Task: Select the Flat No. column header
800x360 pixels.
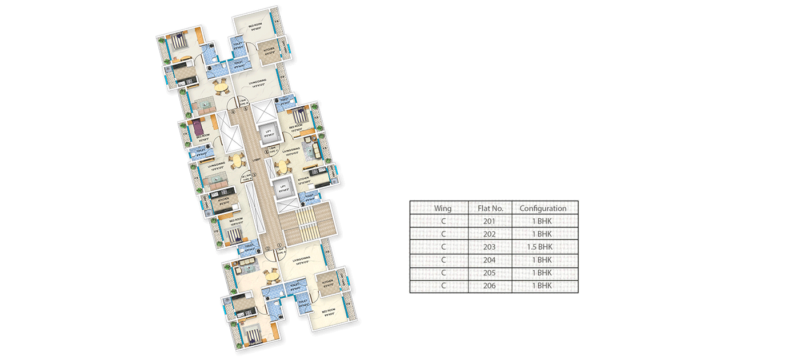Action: (490, 209)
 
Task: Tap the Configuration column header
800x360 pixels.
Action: (545, 209)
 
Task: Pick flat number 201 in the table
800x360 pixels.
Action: (490, 221)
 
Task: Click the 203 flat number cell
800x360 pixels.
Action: (490, 247)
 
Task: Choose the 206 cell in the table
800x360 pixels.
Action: (490, 286)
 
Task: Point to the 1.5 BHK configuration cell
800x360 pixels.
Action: (545, 247)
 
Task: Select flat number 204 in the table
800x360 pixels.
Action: (490, 260)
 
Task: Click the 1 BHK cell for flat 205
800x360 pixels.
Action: (545, 273)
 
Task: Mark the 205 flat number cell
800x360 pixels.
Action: (490, 273)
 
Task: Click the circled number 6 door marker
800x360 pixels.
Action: (266, 151)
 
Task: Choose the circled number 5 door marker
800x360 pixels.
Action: (246, 109)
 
